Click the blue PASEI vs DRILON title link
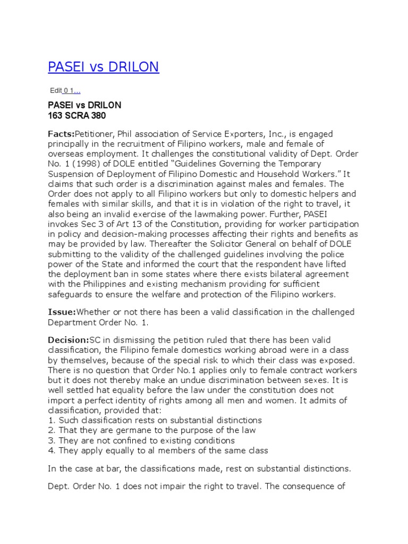(104, 67)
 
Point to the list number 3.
(51, 440)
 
